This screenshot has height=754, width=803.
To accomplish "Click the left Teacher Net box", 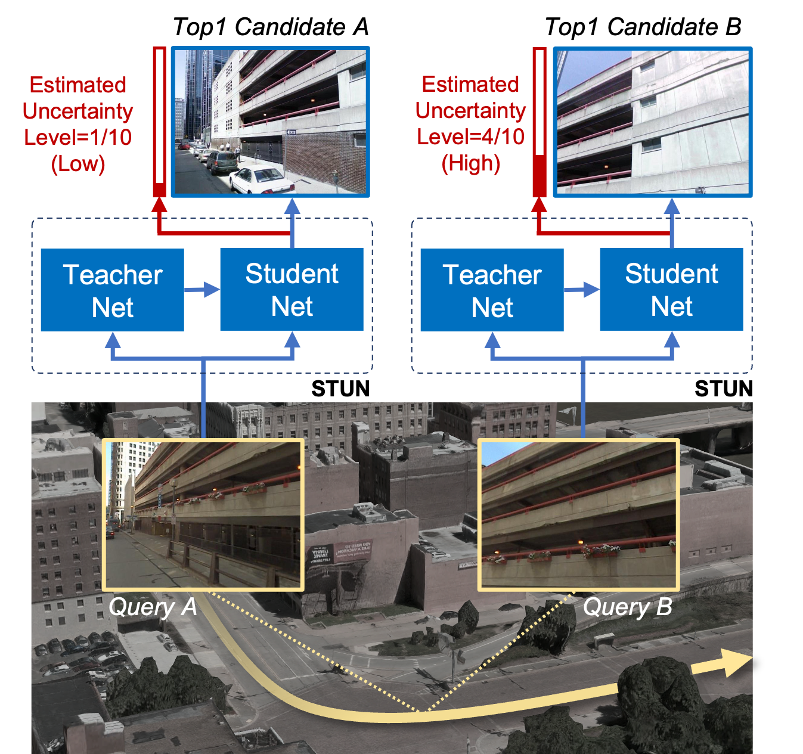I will (112, 290).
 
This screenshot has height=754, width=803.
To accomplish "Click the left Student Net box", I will (292, 289).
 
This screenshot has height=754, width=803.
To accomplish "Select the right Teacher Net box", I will (492, 290).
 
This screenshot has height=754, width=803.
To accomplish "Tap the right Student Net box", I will (671, 289).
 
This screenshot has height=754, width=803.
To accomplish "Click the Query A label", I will (153, 607).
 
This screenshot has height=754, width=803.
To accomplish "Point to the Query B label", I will (627, 607).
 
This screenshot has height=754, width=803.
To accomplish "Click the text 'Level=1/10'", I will (77, 137).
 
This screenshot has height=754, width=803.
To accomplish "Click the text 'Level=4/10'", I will (470, 136).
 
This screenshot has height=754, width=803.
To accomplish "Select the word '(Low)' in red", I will (78, 163).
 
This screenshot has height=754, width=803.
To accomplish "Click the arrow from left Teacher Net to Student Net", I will (202, 290).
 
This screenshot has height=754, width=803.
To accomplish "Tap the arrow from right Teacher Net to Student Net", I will (582, 290).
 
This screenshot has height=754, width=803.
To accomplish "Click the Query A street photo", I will (203, 515).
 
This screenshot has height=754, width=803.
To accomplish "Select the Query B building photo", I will (579, 515).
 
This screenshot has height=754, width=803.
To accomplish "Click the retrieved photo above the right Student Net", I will (653, 122).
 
